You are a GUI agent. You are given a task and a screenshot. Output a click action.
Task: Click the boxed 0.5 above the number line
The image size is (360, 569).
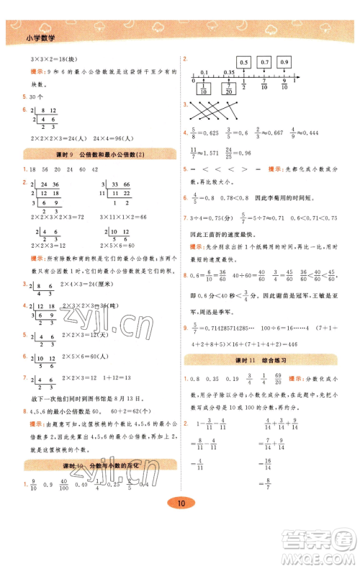point(243,63)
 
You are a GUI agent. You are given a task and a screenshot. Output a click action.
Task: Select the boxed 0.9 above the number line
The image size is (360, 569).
point(284,63)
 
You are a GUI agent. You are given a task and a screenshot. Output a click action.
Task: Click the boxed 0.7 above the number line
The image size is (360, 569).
point(264,63)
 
